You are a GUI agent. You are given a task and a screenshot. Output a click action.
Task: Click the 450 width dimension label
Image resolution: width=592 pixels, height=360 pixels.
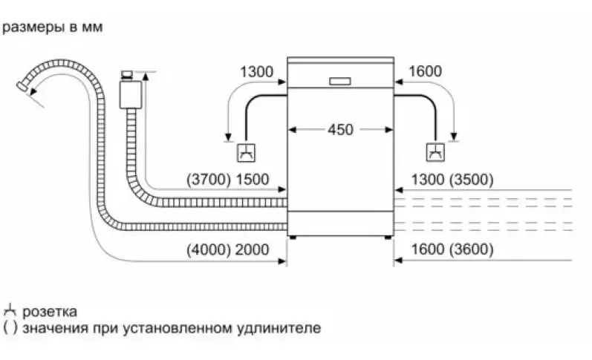[x=340, y=130]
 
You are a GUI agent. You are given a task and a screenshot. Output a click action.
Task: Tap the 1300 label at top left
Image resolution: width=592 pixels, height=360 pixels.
[x=257, y=72]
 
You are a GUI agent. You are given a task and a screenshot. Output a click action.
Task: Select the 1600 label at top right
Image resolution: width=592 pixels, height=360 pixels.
[x=425, y=72]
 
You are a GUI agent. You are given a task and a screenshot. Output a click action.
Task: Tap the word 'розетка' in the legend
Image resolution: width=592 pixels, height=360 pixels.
[x=50, y=312]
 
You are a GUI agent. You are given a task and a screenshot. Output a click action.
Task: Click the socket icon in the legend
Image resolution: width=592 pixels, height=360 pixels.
[x=10, y=311]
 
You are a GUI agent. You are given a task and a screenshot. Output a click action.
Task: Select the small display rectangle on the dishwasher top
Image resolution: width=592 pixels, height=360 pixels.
[x=339, y=79]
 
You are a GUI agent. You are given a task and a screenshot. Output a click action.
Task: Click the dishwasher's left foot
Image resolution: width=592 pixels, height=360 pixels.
[x=293, y=238]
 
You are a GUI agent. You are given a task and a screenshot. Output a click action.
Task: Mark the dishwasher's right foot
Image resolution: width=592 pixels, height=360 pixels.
[x=387, y=238]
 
